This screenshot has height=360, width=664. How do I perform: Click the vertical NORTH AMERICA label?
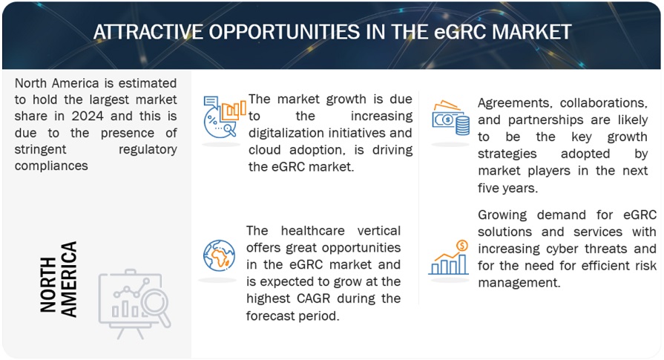tap(58, 279)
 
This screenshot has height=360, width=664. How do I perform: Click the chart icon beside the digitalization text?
tap(223, 117)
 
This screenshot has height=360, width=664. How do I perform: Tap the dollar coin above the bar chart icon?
tap(462, 245)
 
